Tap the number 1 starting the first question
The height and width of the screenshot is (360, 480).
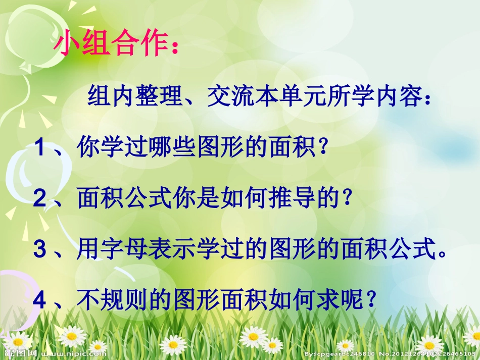(41, 148)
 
